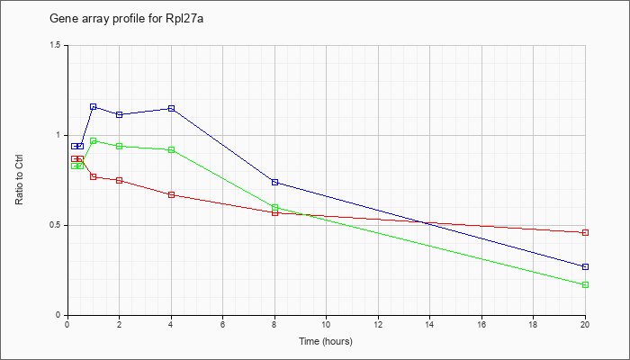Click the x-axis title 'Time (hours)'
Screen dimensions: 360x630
tap(326, 342)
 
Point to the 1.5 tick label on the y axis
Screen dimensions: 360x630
tap(55, 45)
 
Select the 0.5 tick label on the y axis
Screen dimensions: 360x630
tap(55, 225)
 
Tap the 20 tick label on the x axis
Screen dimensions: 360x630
tap(585, 325)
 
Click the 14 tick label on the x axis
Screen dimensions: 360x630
tap(429, 325)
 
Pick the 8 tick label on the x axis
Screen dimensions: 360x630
tap(274, 325)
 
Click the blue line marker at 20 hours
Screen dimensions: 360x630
tap(585, 266)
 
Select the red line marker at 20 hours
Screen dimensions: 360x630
tap(585, 232)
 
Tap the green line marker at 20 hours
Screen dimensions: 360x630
tap(585, 284)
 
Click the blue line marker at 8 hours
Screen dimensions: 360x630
tap(274, 182)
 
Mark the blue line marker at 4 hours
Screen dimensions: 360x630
tap(171, 108)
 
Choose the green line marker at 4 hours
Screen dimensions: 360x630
tap(171, 149)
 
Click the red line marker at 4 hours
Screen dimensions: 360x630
tap(171, 194)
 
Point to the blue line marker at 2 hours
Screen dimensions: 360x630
tap(119, 114)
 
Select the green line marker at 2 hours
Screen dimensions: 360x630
tap(119, 146)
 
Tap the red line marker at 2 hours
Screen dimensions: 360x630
tap(119, 180)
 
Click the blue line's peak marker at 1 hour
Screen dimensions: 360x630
tap(94, 106)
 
